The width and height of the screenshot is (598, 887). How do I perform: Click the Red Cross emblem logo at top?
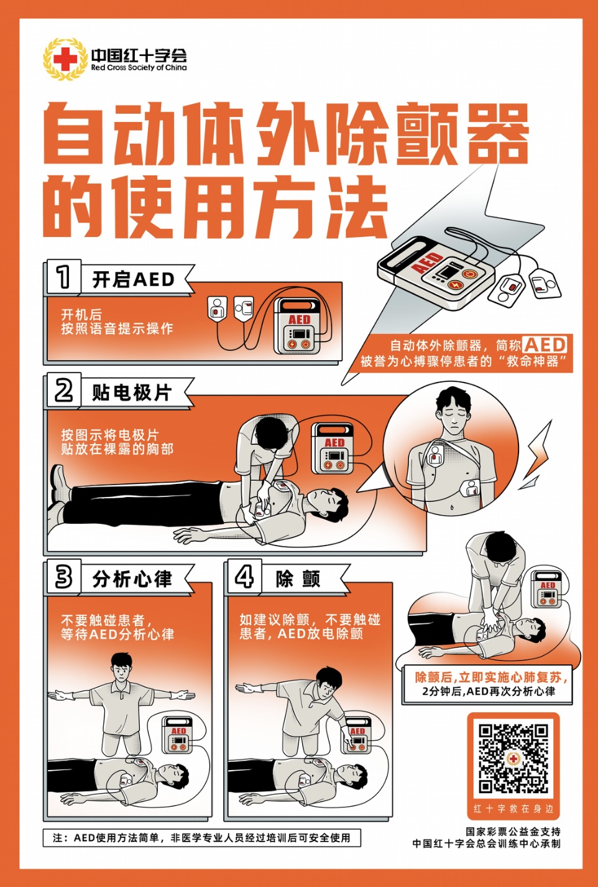click(x=65, y=60)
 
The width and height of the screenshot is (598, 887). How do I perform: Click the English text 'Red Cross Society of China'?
click(x=139, y=68)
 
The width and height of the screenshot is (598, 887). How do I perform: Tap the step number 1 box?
click(x=63, y=277)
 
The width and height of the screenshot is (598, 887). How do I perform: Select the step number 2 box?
click(x=63, y=391)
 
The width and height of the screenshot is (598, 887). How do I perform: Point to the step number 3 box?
click(x=63, y=577)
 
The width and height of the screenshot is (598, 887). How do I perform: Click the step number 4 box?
click(x=244, y=577)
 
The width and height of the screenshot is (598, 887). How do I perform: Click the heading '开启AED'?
click(x=133, y=280)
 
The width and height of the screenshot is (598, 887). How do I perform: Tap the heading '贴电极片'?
click(x=131, y=393)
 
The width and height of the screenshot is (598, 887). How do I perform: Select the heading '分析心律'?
click(x=132, y=579)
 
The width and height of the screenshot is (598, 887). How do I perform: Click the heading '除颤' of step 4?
click(x=298, y=579)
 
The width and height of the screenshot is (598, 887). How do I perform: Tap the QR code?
click(x=513, y=758)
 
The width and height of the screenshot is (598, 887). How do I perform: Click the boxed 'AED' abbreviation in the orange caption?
click(x=545, y=345)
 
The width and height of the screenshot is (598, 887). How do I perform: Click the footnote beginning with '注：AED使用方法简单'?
click(x=201, y=838)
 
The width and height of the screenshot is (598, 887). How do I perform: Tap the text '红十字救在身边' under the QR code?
click(x=513, y=809)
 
